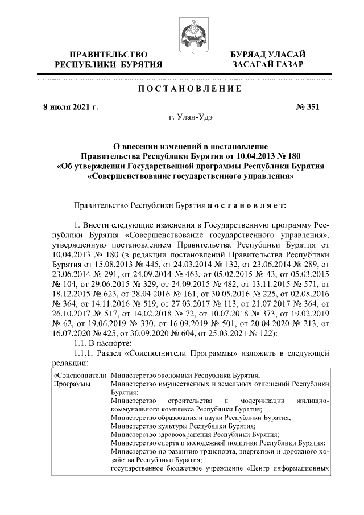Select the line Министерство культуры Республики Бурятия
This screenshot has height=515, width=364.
(x=183, y=425)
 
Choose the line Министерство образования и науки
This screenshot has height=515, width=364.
(x=201, y=417)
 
